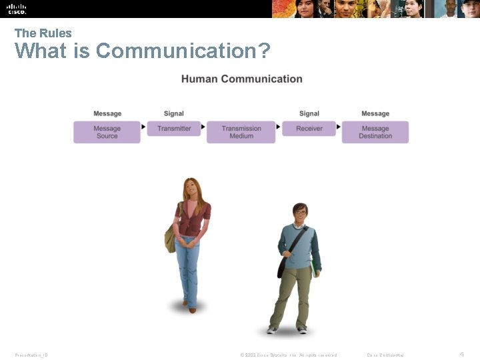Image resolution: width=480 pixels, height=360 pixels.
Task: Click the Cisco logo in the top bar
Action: coord(17,8)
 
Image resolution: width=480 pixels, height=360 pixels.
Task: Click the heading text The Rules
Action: coord(43,33)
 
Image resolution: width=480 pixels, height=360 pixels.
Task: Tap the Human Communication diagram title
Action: coord(241,79)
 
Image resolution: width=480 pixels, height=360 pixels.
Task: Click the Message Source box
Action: coord(107,132)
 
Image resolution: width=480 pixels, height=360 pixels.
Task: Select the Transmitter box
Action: coord(174,128)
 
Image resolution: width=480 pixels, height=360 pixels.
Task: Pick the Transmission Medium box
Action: coord(241,132)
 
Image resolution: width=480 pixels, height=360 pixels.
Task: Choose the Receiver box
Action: coord(309,128)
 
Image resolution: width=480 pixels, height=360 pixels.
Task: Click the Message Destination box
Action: coord(375,132)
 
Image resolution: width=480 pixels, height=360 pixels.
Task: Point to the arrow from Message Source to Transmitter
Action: coord(144,127)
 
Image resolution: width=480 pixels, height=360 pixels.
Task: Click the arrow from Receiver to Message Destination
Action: coord(339,127)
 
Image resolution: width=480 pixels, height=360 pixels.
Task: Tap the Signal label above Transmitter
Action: coord(174,113)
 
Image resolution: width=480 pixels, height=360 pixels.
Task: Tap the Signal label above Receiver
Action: coord(309,113)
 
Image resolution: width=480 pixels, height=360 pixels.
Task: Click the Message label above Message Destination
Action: coord(375,113)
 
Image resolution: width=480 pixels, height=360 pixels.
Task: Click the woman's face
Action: coord(191,190)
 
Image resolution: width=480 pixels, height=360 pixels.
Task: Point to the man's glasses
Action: coord(300,213)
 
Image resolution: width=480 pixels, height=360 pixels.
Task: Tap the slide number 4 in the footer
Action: coord(461,354)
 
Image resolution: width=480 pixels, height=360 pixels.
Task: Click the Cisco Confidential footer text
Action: coord(385,355)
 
